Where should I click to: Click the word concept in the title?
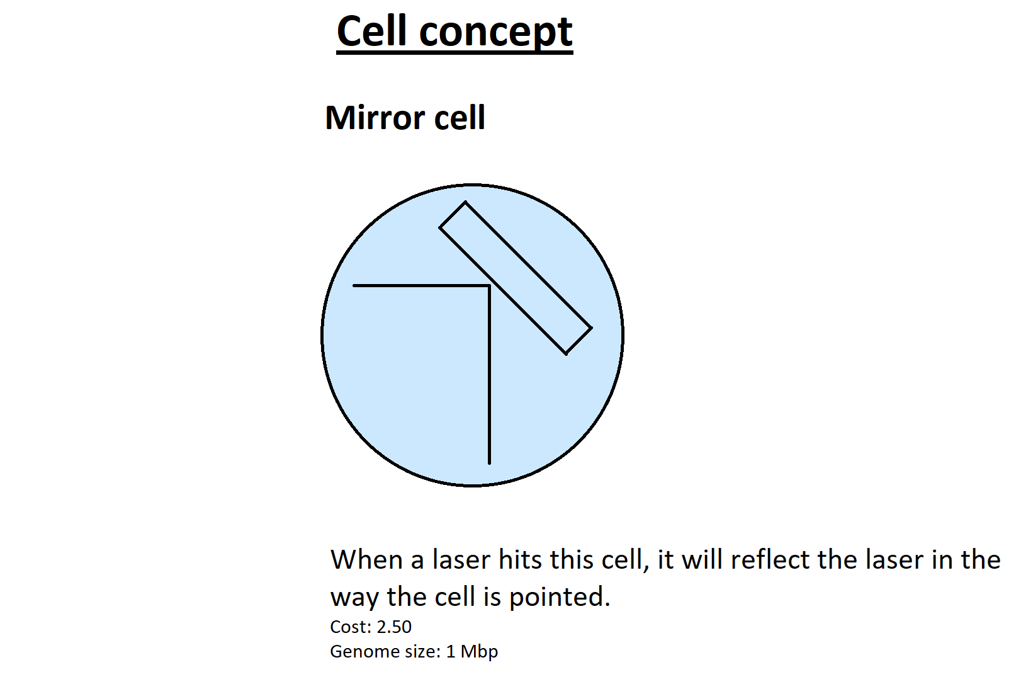click(x=496, y=34)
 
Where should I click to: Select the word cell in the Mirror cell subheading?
click(x=460, y=118)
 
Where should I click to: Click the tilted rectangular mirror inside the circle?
click(x=516, y=278)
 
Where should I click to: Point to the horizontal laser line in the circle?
click(x=421, y=286)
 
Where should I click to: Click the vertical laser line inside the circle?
click(x=489, y=375)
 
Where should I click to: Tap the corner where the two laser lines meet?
click(x=489, y=286)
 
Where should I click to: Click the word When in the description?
click(x=367, y=560)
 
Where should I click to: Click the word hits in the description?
click(x=519, y=560)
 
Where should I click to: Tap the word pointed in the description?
click(x=560, y=597)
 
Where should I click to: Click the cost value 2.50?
click(x=394, y=627)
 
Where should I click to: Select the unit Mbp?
click(x=479, y=652)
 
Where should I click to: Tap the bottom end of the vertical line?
click(x=489, y=464)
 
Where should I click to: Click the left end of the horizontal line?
click(x=353, y=286)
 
